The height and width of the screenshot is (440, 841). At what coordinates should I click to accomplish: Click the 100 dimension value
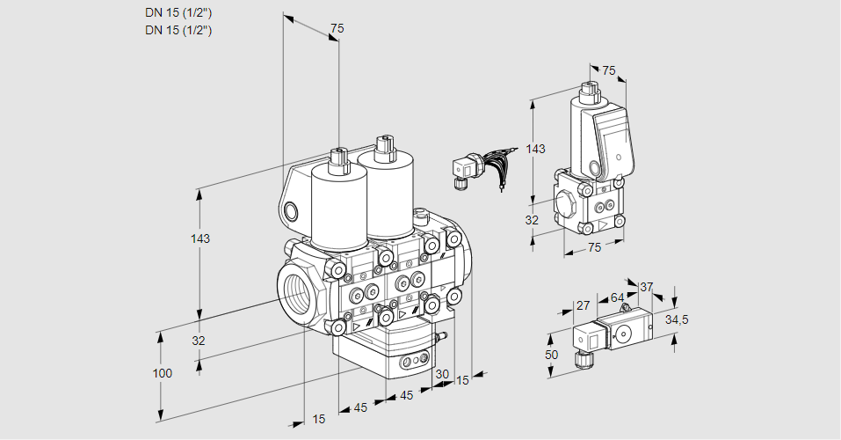pyautogui.click(x=162, y=373)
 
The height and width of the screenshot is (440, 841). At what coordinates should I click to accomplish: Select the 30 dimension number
pyautogui.click(x=441, y=373)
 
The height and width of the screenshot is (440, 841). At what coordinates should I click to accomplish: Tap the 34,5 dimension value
pyautogui.click(x=677, y=319)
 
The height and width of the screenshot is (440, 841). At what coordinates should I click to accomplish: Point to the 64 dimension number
pyautogui.click(x=617, y=298)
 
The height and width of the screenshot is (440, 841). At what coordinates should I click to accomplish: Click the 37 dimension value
pyautogui.click(x=646, y=287)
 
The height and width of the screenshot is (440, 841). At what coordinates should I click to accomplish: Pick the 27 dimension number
pyautogui.click(x=583, y=306)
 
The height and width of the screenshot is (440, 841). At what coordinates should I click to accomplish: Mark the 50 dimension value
pyautogui.click(x=551, y=354)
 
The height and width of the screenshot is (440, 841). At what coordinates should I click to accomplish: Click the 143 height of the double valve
pyautogui.click(x=201, y=238)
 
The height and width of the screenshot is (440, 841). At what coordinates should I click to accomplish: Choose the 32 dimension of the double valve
pyautogui.click(x=199, y=341)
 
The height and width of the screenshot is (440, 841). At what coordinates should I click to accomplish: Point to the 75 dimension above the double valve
pyautogui.click(x=336, y=29)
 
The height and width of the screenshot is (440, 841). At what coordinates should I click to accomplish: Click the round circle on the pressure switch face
pyautogui.click(x=624, y=333)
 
